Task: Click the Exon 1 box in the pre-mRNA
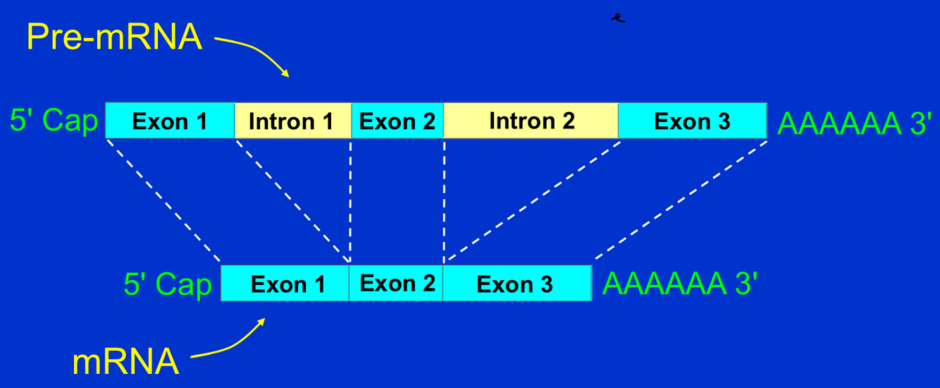(x=170, y=121)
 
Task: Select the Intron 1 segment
(x=292, y=121)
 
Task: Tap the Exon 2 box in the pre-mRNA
(x=397, y=121)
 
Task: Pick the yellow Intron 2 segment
(x=531, y=121)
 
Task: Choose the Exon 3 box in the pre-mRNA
(x=692, y=121)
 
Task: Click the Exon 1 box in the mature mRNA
(x=285, y=284)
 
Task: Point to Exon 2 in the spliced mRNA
(x=397, y=284)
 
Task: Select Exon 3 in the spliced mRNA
(x=517, y=284)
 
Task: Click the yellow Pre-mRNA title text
(x=115, y=37)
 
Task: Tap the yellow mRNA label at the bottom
(x=125, y=362)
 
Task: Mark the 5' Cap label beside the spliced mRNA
(x=168, y=285)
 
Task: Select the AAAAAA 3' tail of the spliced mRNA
(x=680, y=284)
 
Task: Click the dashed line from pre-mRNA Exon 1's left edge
(x=163, y=201)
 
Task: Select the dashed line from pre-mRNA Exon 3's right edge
(x=680, y=201)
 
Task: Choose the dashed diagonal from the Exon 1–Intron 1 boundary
(x=292, y=201)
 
